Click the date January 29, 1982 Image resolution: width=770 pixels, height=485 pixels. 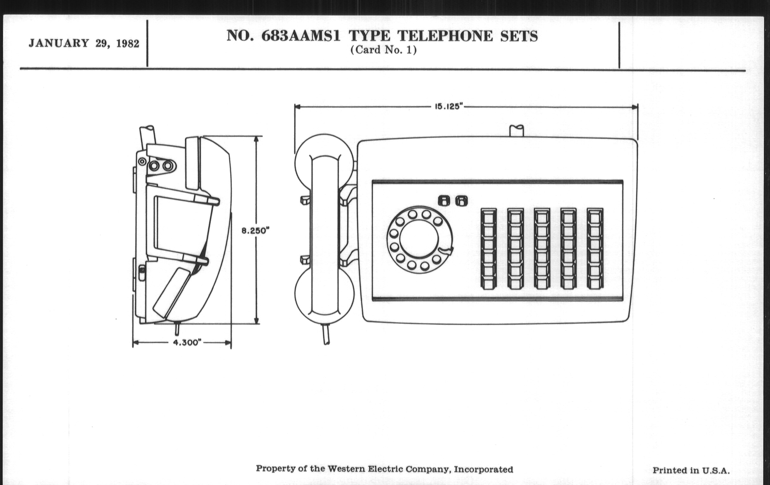coord(84,43)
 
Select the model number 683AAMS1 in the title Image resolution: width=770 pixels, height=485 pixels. coord(301,36)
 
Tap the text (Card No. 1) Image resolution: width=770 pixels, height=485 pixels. coord(383,50)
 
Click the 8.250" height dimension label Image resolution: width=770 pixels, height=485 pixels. coord(256,230)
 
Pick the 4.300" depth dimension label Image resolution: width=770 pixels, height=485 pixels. coord(187,343)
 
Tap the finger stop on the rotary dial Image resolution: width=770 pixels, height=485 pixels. coord(446,251)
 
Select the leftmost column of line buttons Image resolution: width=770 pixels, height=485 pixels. coord(489,249)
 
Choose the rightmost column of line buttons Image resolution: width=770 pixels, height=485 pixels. coord(595,249)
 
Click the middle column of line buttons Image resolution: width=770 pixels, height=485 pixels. coord(542,249)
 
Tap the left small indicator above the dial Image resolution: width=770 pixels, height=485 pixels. coord(444,201)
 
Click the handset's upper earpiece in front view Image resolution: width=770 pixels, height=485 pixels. coord(324,157)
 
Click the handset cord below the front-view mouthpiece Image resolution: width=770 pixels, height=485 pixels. coord(326,334)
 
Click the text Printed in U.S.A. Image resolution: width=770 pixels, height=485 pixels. coord(691,470)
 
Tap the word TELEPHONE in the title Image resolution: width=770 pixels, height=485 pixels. coord(445,36)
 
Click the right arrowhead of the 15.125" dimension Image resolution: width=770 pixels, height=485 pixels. coord(635,107)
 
